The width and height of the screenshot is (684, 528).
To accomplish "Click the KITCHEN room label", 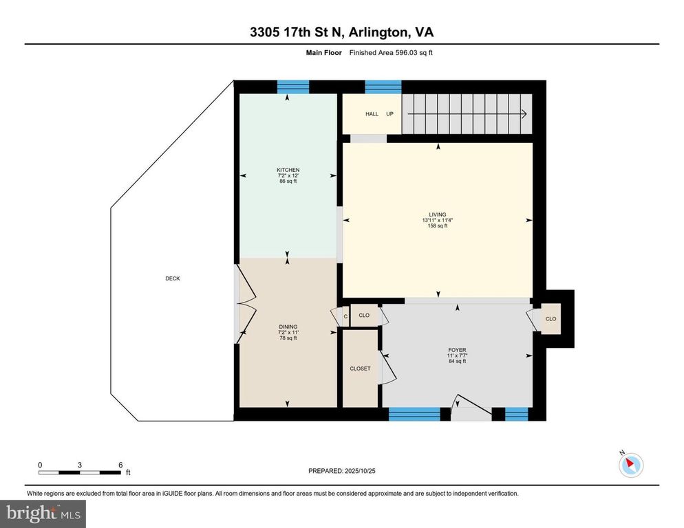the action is [288, 170].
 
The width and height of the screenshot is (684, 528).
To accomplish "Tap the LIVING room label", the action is [438, 214].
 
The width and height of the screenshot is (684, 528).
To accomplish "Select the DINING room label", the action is [288, 327].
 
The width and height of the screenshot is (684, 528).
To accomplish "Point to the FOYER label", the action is [457, 350].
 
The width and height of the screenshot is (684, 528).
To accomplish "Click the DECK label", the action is [173, 278].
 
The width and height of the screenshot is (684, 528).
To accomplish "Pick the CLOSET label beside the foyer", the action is [361, 368].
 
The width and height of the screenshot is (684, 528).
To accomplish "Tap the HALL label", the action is [372, 114].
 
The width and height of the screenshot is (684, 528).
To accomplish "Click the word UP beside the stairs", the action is [389, 114].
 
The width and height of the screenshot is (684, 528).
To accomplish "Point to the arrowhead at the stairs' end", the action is [524, 114].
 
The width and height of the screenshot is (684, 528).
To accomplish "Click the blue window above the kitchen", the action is [293, 87].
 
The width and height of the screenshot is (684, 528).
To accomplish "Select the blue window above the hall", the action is [383, 87].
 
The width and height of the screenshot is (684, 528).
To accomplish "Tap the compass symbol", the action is [631, 465].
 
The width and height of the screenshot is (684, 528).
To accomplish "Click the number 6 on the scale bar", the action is [121, 465].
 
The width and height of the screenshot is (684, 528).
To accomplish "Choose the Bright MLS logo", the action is [43, 514].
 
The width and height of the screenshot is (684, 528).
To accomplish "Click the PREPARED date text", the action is [342, 471].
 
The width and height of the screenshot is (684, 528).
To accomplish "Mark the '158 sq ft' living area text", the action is [438, 226].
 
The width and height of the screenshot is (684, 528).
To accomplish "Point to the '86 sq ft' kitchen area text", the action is [288, 181].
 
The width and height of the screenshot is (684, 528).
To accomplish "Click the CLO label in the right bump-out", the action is [551, 319].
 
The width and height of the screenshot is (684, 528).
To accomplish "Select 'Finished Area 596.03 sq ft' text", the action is [391, 53].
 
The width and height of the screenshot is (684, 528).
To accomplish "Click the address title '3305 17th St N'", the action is [297, 32].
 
